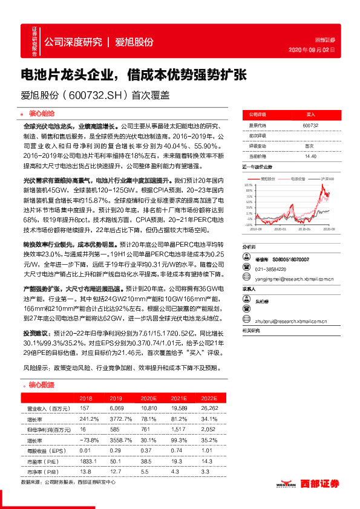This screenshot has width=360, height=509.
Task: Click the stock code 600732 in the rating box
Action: click(x=310, y=125)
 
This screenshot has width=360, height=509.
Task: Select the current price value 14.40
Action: click(x=310, y=156)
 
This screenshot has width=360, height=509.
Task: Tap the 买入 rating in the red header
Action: click(x=310, y=114)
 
